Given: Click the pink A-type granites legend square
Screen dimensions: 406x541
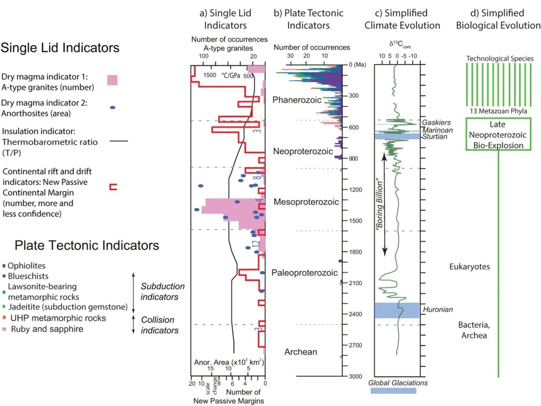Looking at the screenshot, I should (112, 79).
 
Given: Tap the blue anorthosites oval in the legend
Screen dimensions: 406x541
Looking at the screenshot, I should (112, 108).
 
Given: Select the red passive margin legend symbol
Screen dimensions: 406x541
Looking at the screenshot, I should (113, 187).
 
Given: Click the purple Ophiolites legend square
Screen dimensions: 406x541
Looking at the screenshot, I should (4, 266).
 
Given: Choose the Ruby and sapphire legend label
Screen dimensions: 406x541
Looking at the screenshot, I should (47, 329).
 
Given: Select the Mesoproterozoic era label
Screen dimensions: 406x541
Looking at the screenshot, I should (306, 201).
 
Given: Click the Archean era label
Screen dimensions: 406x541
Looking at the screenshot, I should (301, 351).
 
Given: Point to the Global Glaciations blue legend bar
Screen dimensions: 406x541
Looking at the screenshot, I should (393, 390).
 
